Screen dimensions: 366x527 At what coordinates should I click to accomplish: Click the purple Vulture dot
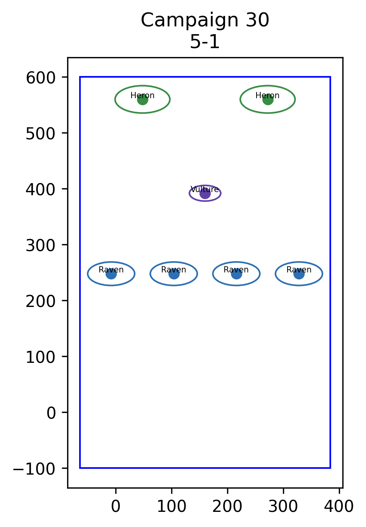(205, 193)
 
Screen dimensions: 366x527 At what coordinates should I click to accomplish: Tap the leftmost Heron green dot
(142, 99)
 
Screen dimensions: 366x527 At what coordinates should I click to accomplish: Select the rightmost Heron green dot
(268, 99)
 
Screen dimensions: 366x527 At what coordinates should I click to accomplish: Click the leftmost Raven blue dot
(111, 274)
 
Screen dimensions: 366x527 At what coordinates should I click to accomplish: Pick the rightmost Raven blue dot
(299, 274)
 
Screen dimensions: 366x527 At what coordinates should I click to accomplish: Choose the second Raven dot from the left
(174, 274)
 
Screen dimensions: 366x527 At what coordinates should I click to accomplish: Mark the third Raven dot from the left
(236, 274)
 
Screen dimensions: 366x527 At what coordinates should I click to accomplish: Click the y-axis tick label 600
(40, 78)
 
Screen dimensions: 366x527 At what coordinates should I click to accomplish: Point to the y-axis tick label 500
(40, 133)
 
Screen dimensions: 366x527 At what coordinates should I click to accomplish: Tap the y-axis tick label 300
(40, 245)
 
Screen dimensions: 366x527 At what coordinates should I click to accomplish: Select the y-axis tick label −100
(34, 469)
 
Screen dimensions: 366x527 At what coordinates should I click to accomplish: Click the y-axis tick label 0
(51, 413)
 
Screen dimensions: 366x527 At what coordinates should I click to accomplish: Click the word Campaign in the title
(189, 21)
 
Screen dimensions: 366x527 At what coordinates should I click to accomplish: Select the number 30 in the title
(257, 20)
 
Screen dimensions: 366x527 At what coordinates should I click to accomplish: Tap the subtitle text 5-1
(205, 42)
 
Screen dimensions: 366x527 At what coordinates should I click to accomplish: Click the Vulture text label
(205, 189)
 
